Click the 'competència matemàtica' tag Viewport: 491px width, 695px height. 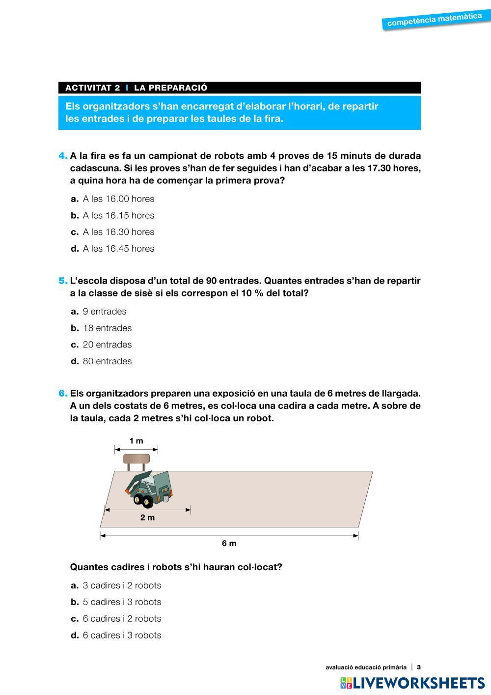(434, 20)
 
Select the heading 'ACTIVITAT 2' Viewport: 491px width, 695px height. (92, 88)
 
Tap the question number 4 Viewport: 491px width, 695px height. (63, 156)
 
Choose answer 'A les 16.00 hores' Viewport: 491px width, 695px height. (118, 199)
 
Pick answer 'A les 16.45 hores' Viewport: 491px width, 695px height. (118, 249)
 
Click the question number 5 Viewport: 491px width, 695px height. (63, 281)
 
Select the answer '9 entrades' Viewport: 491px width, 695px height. (105, 312)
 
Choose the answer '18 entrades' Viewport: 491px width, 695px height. (107, 328)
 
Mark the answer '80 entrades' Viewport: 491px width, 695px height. (107, 361)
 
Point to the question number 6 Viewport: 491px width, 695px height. (63, 394)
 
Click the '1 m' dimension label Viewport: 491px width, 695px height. (136, 441)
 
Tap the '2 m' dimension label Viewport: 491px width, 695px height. (147, 518)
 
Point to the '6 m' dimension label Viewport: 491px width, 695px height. (229, 543)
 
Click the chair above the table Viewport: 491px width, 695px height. (136, 462)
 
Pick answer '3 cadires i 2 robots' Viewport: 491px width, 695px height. (122, 585)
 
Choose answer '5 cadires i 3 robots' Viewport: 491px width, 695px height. (122, 602)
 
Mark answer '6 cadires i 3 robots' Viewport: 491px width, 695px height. (122, 636)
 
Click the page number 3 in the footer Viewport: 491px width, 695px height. (419, 667)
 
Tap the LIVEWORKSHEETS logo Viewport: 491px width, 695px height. (412, 683)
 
